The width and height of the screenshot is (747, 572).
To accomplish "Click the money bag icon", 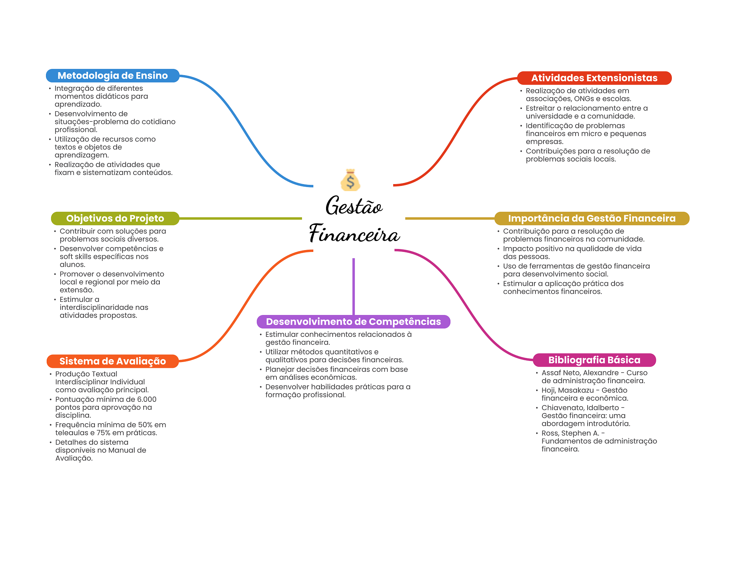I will [x=350, y=180].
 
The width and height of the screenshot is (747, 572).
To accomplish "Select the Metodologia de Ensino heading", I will [x=112, y=75].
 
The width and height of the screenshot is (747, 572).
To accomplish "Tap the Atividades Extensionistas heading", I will [x=594, y=78].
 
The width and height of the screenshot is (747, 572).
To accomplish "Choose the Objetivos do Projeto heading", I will [x=115, y=218].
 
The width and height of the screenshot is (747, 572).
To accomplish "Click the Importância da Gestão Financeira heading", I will [x=592, y=218].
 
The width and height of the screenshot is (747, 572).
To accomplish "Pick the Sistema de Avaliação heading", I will [x=112, y=361].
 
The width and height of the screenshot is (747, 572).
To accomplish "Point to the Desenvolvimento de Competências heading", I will [x=353, y=322].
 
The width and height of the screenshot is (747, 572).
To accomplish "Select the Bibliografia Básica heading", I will [x=594, y=360].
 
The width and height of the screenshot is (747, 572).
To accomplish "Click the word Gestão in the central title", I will [x=353, y=206].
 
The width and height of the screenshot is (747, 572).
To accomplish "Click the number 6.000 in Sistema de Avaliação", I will [x=147, y=400].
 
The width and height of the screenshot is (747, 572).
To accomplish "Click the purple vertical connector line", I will [x=353, y=286].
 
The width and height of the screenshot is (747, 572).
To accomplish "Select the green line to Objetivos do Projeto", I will [x=241, y=218].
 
